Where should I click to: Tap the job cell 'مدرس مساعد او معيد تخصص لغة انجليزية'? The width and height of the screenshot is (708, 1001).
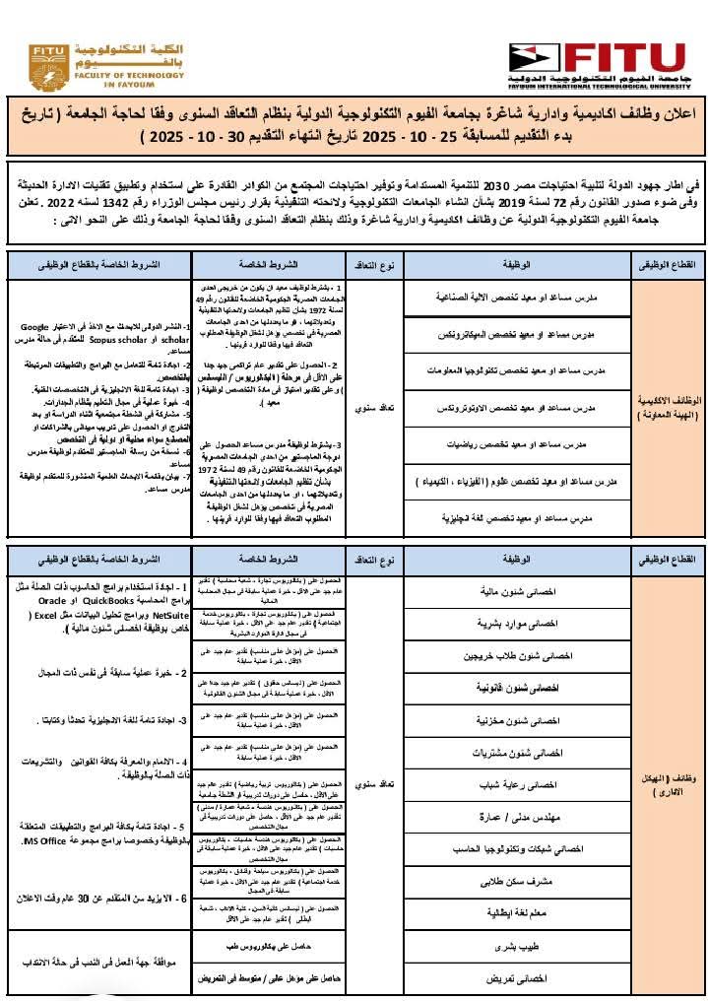tap(516, 516)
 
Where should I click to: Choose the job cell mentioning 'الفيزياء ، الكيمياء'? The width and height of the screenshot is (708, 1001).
tap(516, 480)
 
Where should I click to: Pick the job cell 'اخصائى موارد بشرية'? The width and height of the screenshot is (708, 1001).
tap(516, 624)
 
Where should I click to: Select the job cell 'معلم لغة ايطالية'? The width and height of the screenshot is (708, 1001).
tap(516, 912)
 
